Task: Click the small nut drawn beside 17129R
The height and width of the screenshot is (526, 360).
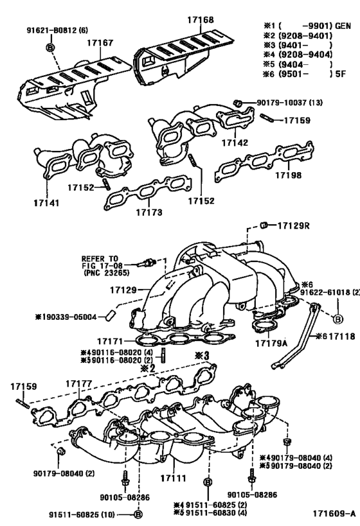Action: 263,225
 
